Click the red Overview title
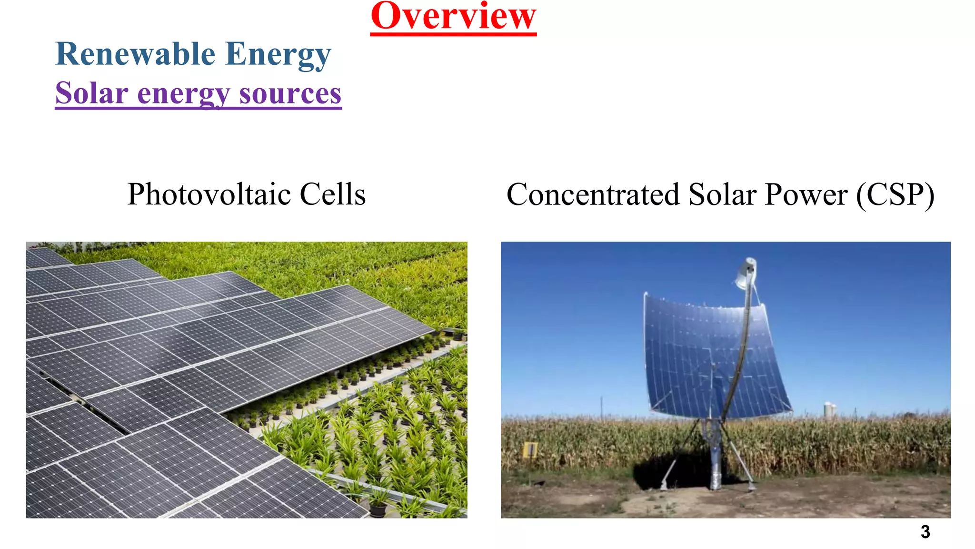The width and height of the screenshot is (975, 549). [453, 17]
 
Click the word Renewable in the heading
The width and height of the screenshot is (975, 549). [135, 54]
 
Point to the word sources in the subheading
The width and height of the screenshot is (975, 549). [290, 94]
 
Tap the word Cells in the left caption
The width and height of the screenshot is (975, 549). [333, 194]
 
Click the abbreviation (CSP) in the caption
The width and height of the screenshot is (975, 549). [895, 194]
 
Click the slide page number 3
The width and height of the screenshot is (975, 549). [925, 531]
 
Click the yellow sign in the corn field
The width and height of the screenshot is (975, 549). [530, 449]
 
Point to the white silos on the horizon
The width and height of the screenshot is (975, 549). [830, 409]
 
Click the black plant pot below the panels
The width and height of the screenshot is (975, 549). [378, 509]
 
